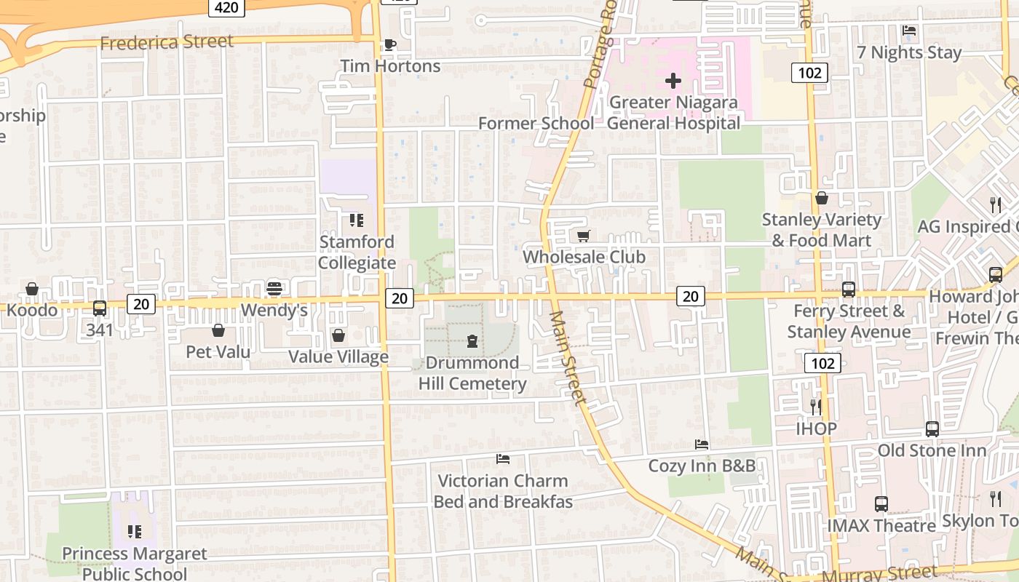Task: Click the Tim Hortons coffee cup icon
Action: (390, 44)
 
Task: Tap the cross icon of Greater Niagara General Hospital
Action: (673, 81)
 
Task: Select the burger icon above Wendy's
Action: (274, 288)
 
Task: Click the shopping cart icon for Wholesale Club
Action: (583, 236)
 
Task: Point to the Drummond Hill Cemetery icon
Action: (472, 340)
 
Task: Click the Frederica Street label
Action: (167, 42)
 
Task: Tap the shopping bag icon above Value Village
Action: (338, 335)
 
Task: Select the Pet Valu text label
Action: (218, 352)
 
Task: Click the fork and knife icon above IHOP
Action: (816, 407)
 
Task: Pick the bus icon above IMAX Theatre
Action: (881, 503)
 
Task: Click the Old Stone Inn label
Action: (932, 450)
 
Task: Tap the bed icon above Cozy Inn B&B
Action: (702, 444)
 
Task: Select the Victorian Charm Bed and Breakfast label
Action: (503, 491)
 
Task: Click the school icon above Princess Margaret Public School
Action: (135, 532)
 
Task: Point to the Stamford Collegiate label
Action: (357, 252)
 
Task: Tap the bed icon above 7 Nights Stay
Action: (909, 31)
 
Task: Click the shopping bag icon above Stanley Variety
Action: (822, 198)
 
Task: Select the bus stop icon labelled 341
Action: (100, 308)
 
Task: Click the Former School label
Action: (536, 124)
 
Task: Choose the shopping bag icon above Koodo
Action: (32, 289)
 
